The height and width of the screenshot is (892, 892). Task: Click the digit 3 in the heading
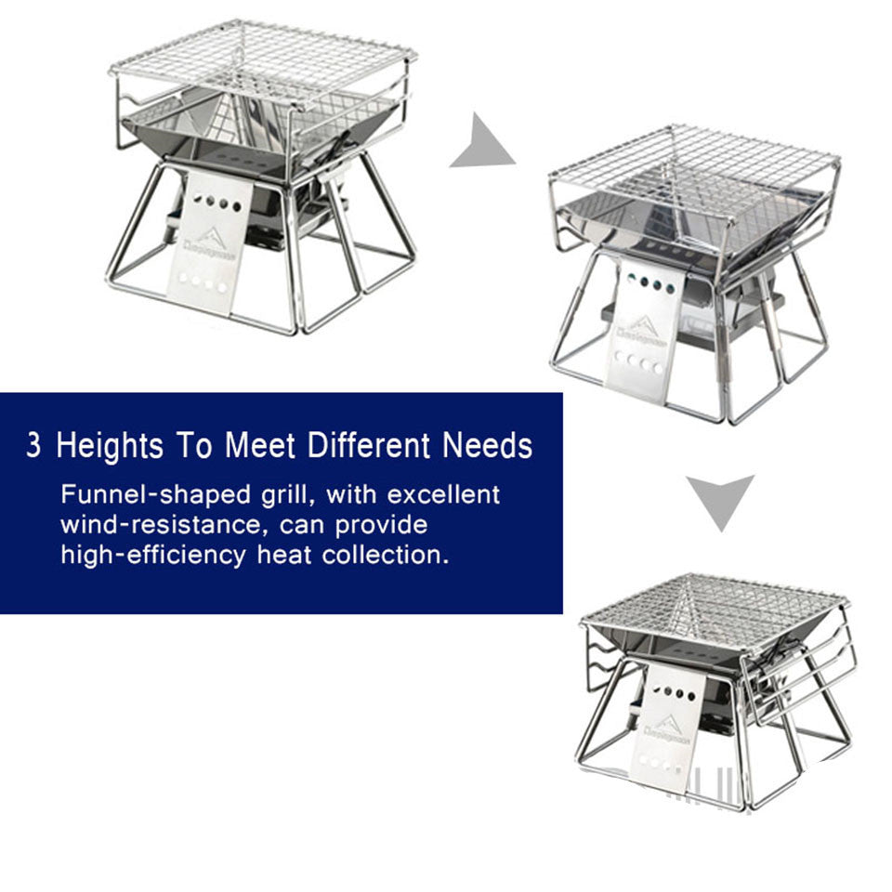(x=33, y=445)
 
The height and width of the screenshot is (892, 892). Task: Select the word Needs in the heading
(x=487, y=445)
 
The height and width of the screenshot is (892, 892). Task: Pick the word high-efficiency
(x=153, y=556)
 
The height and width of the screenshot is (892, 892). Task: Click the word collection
(x=385, y=556)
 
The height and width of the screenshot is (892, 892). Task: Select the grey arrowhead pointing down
(x=720, y=500)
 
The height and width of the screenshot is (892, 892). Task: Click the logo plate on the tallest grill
(x=210, y=243)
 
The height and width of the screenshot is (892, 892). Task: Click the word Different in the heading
(x=371, y=445)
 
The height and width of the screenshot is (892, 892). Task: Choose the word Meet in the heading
(x=259, y=445)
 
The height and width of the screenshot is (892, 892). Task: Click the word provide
(x=381, y=525)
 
